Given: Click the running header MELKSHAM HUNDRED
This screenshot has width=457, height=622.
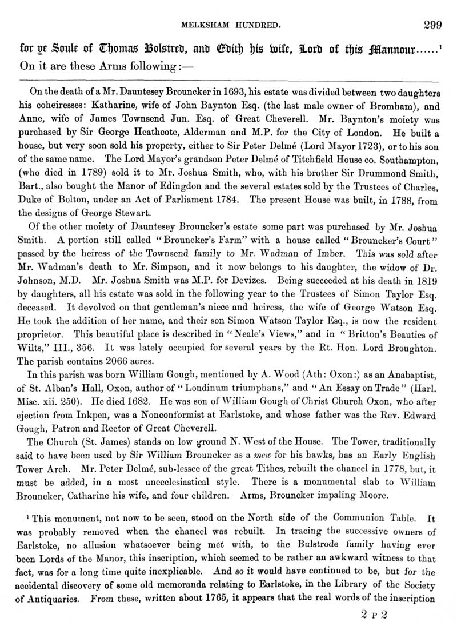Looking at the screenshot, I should pos(229,25).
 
